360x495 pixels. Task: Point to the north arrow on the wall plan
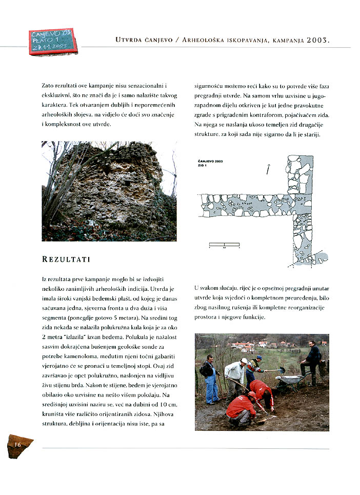click(x=268, y=168)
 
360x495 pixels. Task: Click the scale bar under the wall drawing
click(x=225, y=245)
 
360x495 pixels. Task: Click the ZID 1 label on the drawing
click(x=204, y=166)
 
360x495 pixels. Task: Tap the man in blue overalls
click(x=210, y=380)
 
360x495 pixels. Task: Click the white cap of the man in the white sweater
click(x=244, y=361)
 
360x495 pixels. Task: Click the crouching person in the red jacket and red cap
click(x=241, y=408)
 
